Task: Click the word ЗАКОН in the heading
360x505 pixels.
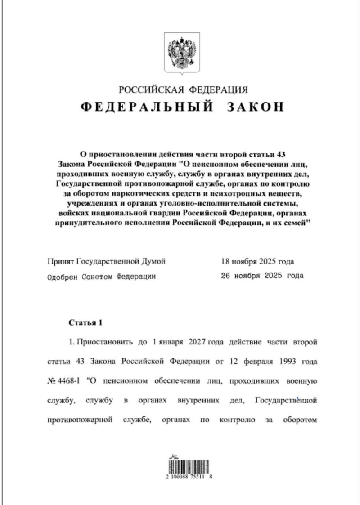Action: tap(258, 107)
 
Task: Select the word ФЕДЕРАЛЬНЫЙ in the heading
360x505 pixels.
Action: tap(147, 107)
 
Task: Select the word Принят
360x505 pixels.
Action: tap(60, 261)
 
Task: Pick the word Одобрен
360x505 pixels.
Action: tap(63, 276)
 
